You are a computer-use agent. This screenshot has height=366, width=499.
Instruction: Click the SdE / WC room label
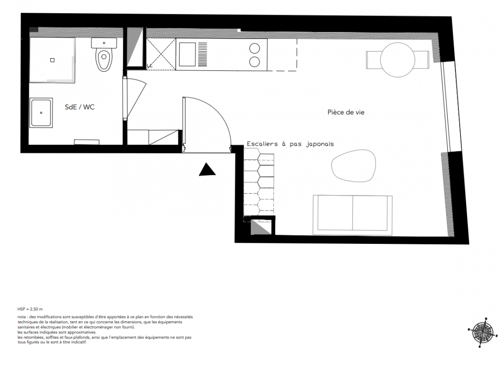(80, 107)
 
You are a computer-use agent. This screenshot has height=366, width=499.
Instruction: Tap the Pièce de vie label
(346, 112)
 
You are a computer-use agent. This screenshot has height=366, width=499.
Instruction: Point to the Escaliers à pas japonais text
(290, 144)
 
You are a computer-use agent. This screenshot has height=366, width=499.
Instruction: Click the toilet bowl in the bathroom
(104, 60)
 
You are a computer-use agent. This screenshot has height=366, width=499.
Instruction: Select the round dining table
(397, 60)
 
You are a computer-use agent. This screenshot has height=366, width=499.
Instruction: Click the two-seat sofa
(353, 215)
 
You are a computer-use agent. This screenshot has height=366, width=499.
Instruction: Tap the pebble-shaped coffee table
(353, 165)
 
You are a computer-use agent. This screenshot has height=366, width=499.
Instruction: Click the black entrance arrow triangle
(207, 169)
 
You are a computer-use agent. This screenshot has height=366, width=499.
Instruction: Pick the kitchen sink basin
(187, 54)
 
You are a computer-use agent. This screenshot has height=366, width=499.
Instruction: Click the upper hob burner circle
(255, 48)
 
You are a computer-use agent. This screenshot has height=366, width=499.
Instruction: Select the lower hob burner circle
(255, 62)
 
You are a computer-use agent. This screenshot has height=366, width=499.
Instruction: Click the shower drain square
(53, 60)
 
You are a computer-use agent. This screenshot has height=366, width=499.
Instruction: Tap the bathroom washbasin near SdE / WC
(41, 113)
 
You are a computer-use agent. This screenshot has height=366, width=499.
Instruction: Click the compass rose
(483, 333)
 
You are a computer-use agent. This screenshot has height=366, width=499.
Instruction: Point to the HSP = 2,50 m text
(30, 309)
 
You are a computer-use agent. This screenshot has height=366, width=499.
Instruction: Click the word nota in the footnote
(22, 317)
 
